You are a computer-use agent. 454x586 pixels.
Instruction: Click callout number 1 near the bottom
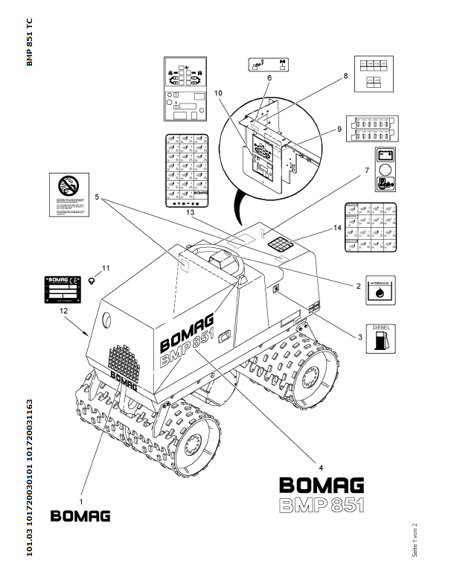81,491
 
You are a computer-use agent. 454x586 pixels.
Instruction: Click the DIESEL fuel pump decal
381,339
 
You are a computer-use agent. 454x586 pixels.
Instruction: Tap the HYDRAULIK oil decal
381,290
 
